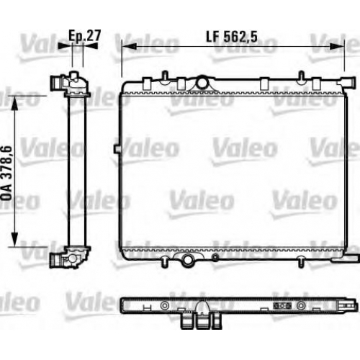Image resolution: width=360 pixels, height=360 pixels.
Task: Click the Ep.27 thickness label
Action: point(85,36)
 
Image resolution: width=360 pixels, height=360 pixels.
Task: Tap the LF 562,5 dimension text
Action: point(232,37)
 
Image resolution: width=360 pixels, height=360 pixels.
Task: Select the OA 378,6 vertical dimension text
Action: point(6,173)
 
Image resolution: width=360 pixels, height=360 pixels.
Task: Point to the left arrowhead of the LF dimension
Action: point(130,47)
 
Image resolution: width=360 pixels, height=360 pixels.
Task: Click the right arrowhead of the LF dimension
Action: point(337,47)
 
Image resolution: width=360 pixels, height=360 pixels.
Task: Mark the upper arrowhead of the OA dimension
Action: point(15,103)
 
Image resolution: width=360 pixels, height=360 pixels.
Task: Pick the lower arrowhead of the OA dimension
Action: point(15,239)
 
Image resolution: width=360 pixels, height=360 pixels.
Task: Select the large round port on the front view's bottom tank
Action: point(188,259)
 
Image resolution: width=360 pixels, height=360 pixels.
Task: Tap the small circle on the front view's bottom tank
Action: point(215,258)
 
